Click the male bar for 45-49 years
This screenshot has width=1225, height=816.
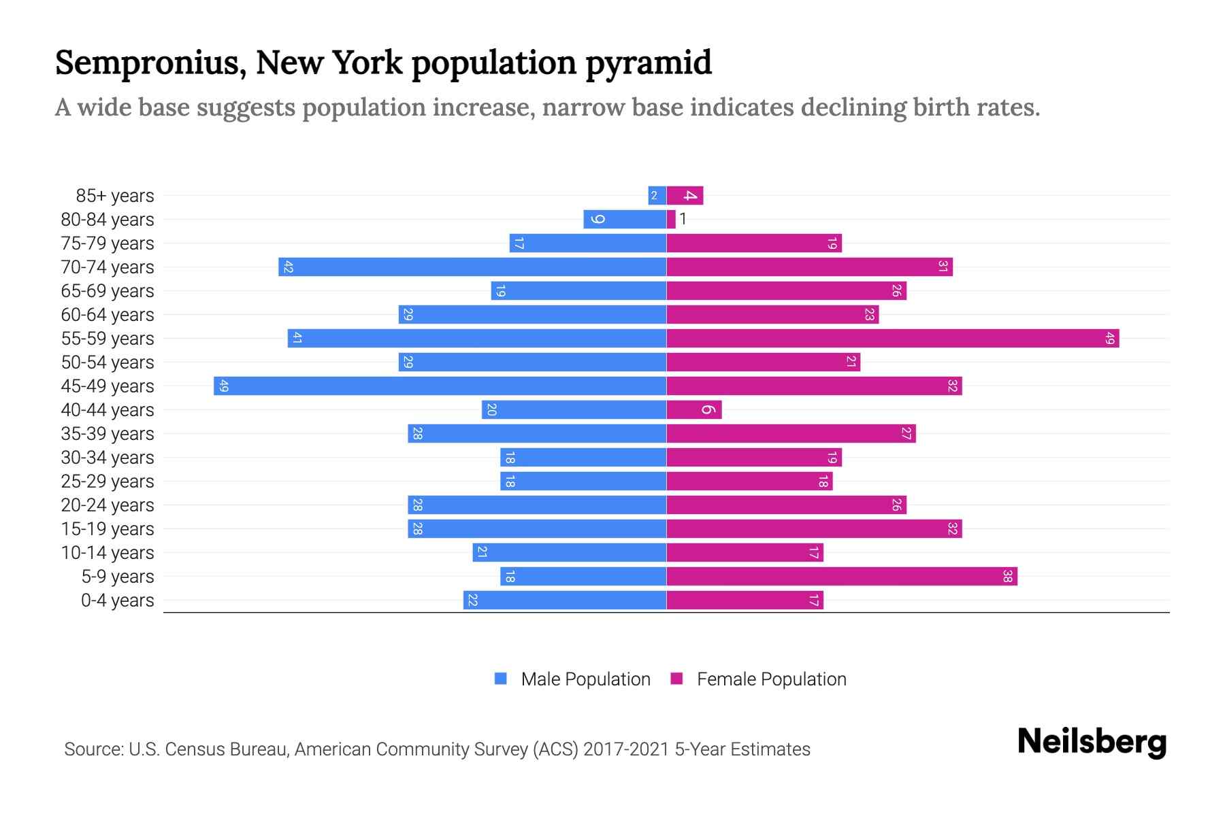pyautogui.click(x=440, y=386)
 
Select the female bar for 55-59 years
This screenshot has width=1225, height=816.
pyautogui.click(x=892, y=338)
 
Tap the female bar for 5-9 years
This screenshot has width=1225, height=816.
pyautogui.click(x=841, y=576)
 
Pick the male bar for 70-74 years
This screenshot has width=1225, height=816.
pyautogui.click(x=472, y=267)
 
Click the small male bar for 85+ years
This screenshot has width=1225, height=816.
pyautogui.click(x=657, y=195)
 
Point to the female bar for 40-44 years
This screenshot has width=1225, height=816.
pyautogui.click(x=693, y=409)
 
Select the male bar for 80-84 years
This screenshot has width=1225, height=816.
pyautogui.click(x=625, y=219)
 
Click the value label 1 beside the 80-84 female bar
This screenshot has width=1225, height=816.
pyautogui.click(x=683, y=219)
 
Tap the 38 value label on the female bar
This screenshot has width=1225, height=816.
pyautogui.click(x=1007, y=576)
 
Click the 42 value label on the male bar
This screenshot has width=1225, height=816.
pyautogui.click(x=288, y=267)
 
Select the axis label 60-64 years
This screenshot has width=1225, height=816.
pyautogui.click(x=108, y=315)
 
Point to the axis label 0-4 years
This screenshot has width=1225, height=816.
pyautogui.click(x=117, y=600)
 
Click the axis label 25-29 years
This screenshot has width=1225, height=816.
pyautogui.click(x=108, y=481)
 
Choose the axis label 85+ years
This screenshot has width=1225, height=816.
pyautogui.click(x=115, y=196)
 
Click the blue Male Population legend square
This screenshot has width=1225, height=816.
pyautogui.click(x=501, y=679)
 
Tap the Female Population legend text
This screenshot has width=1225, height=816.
pyautogui.click(x=771, y=679)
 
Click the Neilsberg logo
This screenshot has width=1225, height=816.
pyautogui.click(x=1092, y=742)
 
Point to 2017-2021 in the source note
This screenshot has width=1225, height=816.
pyautogui.click(x=626, y=749)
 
